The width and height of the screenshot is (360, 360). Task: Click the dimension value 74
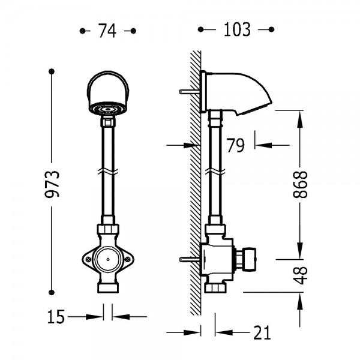pyautogui.click(x=107, y=31)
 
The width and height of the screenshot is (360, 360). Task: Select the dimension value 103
pyautogui.click(x=237, y=29)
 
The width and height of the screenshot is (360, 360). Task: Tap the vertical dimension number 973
pyautogui.click(x=52, y=184)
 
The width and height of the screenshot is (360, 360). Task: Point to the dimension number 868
pyautogui.click(x=300, y=184)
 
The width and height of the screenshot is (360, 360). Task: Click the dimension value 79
pyautogui.click(x=236, y=145)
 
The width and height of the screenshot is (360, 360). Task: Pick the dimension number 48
pyautogui.click(x=300, y=275)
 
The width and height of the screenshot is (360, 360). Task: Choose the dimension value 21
pyautogui.click(x=262, y=332)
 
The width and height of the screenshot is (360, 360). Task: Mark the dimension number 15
pyautogui.click(x=56, y=317)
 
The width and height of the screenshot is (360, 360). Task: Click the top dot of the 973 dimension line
pyautogui.click(x=52, y=71)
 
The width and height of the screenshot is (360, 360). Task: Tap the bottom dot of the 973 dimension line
pyautogui.click(x=52, y=293)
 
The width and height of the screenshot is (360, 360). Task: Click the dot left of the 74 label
pyautogui.click(x=82, y=31)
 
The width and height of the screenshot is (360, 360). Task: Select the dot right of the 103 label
pyautogui.click(x=271, y=29)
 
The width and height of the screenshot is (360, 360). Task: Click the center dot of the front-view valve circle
pyautogui.click(x=108, y=259)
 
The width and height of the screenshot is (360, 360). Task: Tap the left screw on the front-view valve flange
pyautogui.click(x=89, y=260)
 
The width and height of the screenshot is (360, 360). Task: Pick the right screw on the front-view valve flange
pyautogui.click(x=128, y=259)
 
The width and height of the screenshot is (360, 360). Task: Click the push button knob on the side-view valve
pyautogui.click(x=250, y=259)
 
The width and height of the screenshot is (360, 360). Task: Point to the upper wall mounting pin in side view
pyautogui.click(x=190, y=92)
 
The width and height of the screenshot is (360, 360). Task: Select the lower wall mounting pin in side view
pyautogui.click(x=190, y=259)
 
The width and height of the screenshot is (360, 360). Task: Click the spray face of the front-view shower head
pyautogui.click(x=108, y=109)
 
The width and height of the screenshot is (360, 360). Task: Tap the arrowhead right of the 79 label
pyautogui.click(x=263, y=145)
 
